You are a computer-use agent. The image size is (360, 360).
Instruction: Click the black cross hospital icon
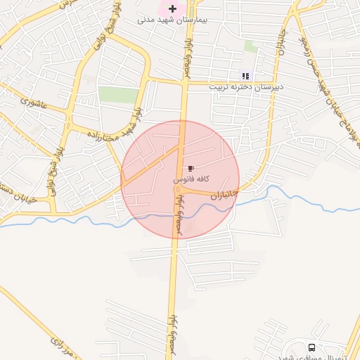click(172, 8)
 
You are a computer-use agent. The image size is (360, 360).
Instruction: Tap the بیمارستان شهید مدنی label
click(172, 20)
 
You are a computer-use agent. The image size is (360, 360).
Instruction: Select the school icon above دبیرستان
click(245, 76)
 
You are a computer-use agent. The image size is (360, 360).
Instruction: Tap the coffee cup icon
click(190, 169)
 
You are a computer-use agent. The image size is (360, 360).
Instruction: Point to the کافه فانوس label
click(190, 181)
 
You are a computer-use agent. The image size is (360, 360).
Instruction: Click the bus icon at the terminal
click(311, 347)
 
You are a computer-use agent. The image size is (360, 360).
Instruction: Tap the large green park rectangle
click(117, 95)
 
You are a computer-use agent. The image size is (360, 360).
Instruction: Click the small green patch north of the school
click(250, 46)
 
